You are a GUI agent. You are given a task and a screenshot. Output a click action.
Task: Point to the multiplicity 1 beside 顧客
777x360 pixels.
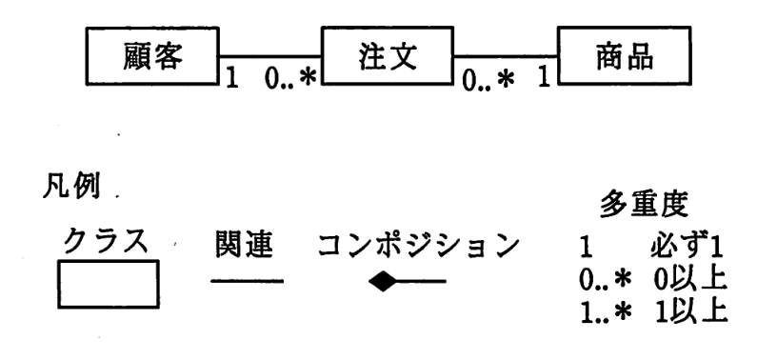coord(229,79)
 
